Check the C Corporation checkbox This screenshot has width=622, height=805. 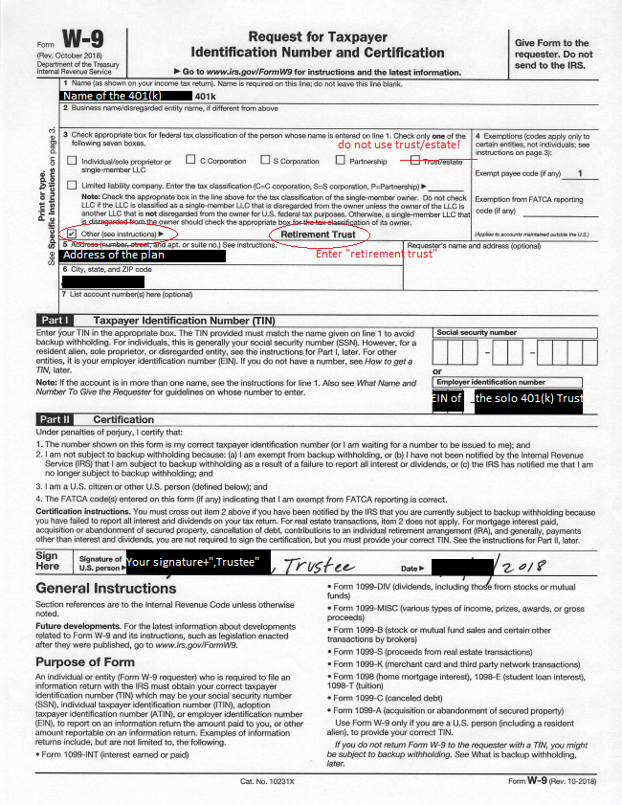pos(190,161)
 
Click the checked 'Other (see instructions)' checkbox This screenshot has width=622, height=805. pos(73,233)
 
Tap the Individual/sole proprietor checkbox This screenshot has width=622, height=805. pos(73,161)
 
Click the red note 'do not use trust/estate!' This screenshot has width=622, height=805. pos(399,145)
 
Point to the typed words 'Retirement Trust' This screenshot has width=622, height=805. pos(318,235)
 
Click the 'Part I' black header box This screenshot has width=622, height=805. pos(54,320)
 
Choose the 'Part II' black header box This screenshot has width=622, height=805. pos(54,419)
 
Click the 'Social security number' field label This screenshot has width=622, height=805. pos(477,333)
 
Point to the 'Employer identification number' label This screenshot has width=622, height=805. pos(491,382)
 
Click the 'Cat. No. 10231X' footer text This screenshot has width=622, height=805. pos(268,782)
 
